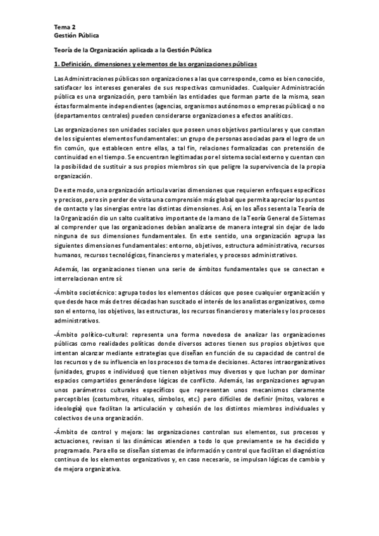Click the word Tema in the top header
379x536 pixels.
pos(63,27)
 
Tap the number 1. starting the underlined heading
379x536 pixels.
pos(57,64)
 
